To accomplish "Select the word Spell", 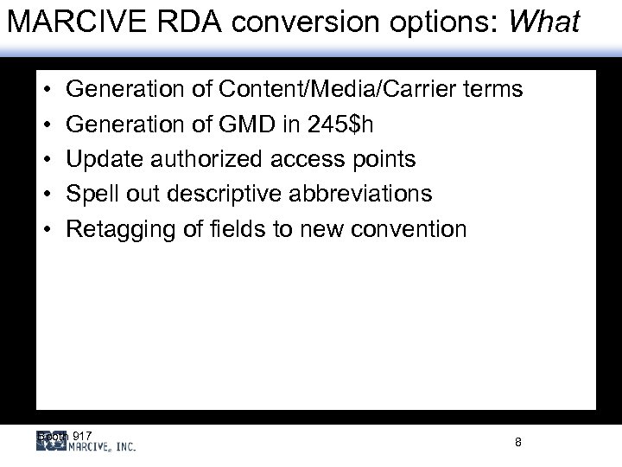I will pyautogui.click(x=92, y=194).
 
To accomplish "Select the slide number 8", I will pyautogui.click(x=517, y=442).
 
